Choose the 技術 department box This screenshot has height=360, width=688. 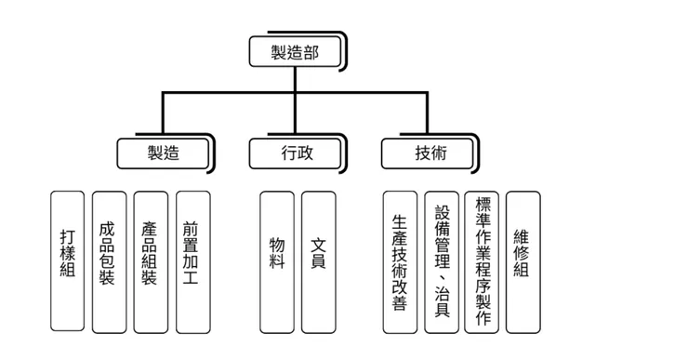[x=430, y=153]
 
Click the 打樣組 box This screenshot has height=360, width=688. [x=68, y=261]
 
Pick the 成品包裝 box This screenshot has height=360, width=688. [x=109, y=261]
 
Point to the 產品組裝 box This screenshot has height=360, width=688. [x=150, y=261]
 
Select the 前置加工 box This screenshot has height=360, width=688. [x=192, y=261]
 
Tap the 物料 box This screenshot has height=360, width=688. [x=277, y=261]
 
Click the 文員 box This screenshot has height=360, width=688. [x=318, y=261]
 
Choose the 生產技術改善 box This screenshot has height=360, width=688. [x=400, y=261]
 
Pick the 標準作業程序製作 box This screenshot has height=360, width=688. [x=482, y=261]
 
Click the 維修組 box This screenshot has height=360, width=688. [x=523, y=261]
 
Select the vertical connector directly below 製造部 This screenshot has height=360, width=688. [x=296, y=80]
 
